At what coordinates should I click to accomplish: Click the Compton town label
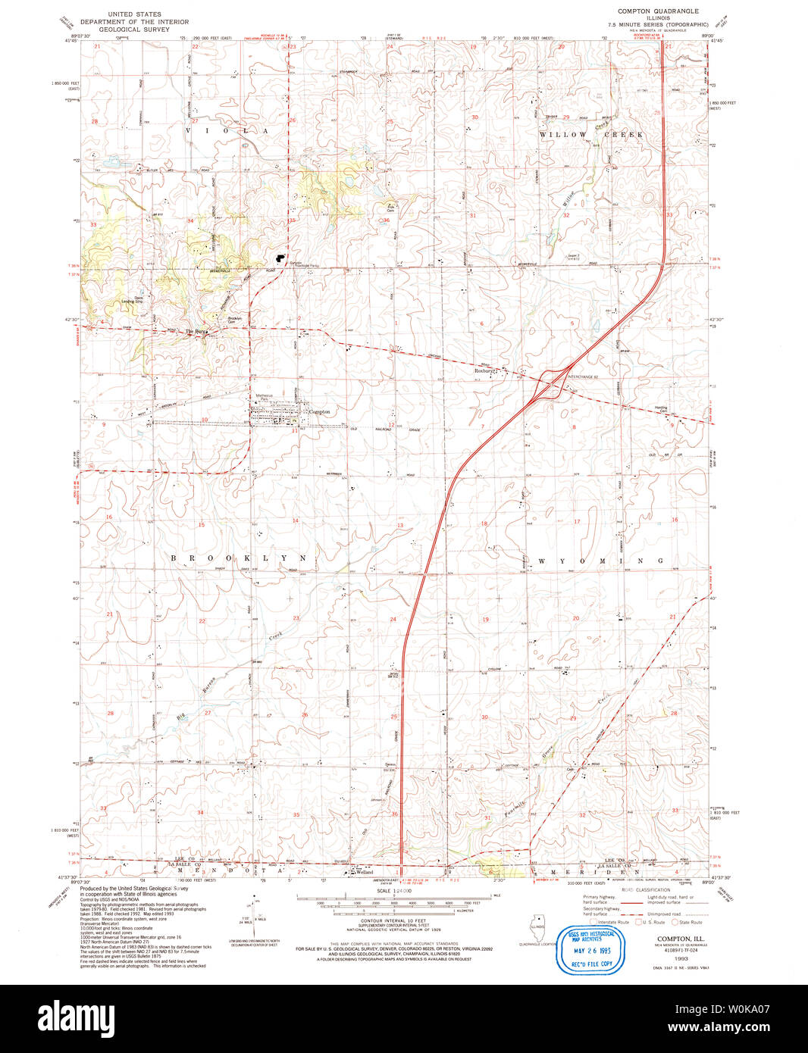[319, 411]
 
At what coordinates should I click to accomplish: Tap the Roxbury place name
[484, 371]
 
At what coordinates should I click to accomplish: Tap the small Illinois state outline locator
[539, 929]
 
